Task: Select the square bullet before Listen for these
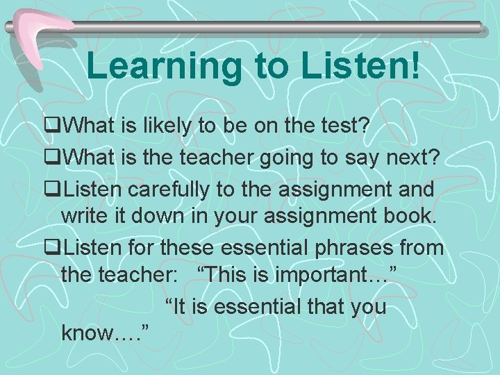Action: tap(49, 247)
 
